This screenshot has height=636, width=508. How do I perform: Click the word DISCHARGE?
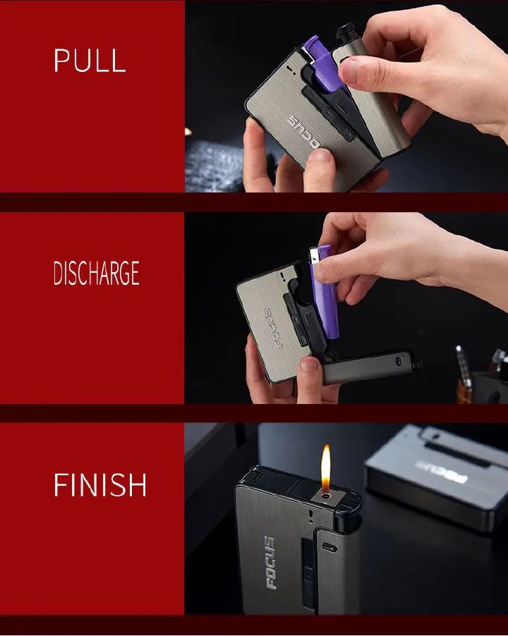tap(97, 274)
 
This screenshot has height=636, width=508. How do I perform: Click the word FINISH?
tap(100, 486)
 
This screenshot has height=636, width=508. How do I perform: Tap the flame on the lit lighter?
tap(325, 469)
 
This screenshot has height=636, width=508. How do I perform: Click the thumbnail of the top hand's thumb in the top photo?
tap(349, 68)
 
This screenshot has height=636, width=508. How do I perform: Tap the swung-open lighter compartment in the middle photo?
tap(371, 367)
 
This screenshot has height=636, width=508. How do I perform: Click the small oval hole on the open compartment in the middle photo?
tap(400, 360)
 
